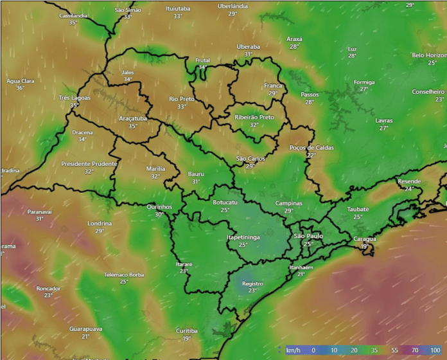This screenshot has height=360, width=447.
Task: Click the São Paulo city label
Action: [x=308, y=236]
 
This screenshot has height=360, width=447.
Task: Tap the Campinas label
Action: [x=288, y=203]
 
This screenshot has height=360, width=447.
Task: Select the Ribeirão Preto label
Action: [x=254, y=117]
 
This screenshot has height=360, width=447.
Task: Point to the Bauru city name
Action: [x=196, y=174]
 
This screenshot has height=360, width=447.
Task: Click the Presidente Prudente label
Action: [x=89, y=164]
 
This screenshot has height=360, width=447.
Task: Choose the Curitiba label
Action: [x=187, y=330]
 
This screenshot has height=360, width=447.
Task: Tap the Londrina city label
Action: [x=100, y=223]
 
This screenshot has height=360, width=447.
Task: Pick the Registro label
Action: [x=252, y=283]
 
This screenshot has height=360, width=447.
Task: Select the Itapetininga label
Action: [x=243, y=237]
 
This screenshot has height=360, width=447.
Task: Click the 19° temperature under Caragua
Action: [x=365, y=246]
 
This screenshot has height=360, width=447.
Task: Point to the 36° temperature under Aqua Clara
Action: [x=20, y=88]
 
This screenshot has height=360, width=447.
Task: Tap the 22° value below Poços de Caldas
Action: [x=311, y=155]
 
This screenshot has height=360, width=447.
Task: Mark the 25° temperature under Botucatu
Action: [x=225, y=210]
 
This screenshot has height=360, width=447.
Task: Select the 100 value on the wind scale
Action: [x=435, y=350]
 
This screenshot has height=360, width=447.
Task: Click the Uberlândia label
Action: [x=232, y=6]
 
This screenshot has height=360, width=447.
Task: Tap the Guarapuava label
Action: [x=85, y=328]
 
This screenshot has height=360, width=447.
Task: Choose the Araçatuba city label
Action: [x=133, y=118]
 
